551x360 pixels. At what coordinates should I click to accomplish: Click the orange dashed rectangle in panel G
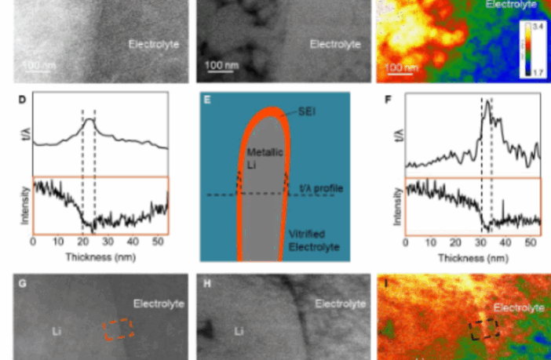[119, 329]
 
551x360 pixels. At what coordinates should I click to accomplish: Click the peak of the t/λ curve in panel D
[89, 119]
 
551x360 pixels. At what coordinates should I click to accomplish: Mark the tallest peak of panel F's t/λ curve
[487, 104]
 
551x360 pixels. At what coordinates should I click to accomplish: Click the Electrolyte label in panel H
[341, 303]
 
